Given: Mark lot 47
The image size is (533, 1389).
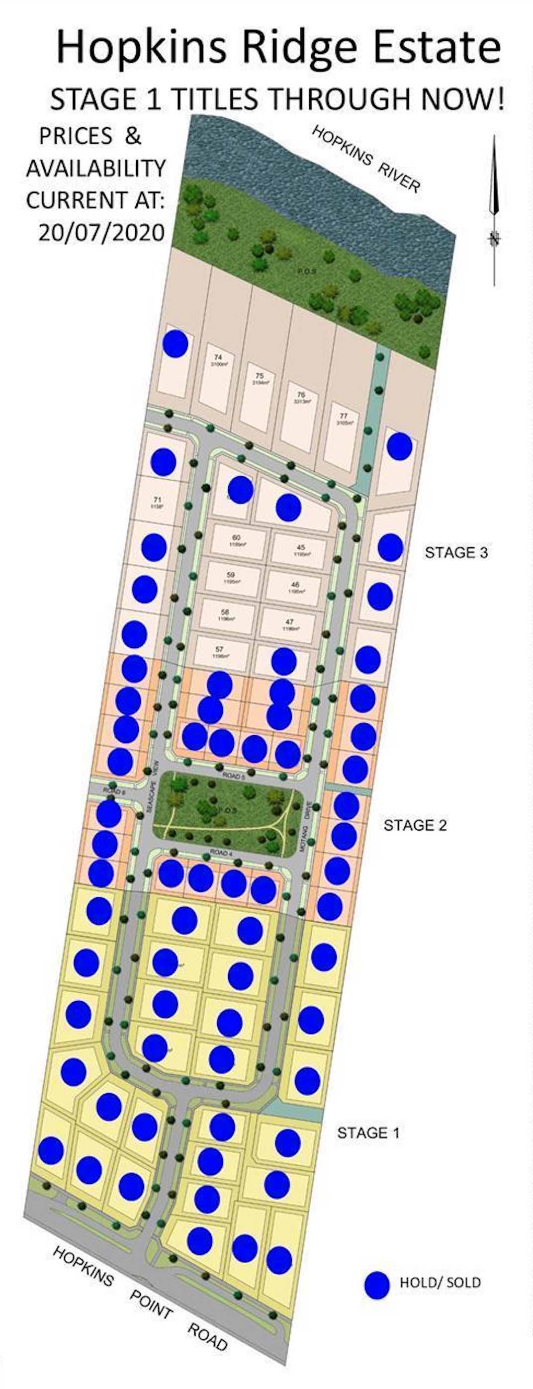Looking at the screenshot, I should click(x=289, y=624).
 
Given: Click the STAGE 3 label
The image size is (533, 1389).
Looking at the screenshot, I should click(x=456, y=552).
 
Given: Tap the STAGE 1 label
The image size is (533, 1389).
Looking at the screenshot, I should click(x=368, y=1133).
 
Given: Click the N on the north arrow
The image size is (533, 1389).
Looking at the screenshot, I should click(x=494, y=238).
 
